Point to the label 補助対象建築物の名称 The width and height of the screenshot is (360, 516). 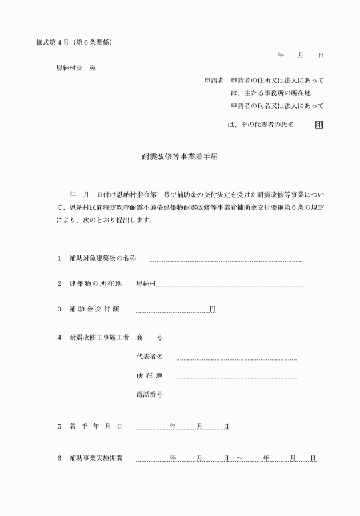pos(103,258)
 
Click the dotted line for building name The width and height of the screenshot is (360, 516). pos(226,261)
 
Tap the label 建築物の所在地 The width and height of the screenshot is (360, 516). pos(95,283)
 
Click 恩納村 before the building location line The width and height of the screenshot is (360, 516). pos(146,283)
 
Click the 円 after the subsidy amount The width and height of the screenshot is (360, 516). pos(213,309)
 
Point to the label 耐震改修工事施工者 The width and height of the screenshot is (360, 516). pos(99,337)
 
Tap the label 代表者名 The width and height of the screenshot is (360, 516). pos(149,357)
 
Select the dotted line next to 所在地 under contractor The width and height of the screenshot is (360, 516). pos(236,378)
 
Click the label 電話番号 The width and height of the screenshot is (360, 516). pos(149,394)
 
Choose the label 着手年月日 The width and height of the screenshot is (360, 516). pos(95,426)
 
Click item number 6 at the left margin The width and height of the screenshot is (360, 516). pos(59,458)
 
